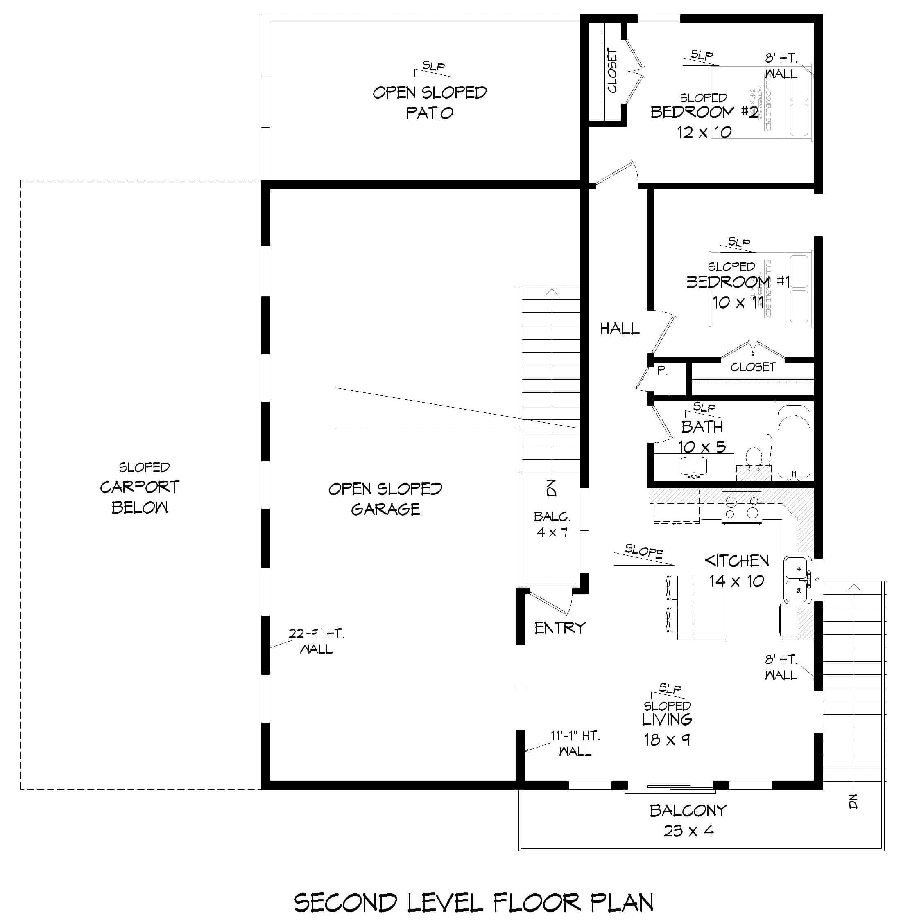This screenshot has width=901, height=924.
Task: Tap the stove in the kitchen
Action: tap(742, 507)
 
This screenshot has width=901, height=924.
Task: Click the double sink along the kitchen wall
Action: tap(798, 580)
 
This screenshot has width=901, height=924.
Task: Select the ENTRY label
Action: tap(560, 628)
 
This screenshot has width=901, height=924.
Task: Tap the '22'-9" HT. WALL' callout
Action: tap(316, 641)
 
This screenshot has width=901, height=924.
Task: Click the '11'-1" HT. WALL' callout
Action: tap(575, 744)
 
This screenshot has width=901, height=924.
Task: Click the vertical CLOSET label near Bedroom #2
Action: tap(612, 71)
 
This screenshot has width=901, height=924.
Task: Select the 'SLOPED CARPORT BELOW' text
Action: tap(140, 487)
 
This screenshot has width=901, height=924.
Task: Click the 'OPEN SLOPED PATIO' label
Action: tap(429, 102)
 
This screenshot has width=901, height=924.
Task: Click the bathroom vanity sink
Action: tap(693, 467)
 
